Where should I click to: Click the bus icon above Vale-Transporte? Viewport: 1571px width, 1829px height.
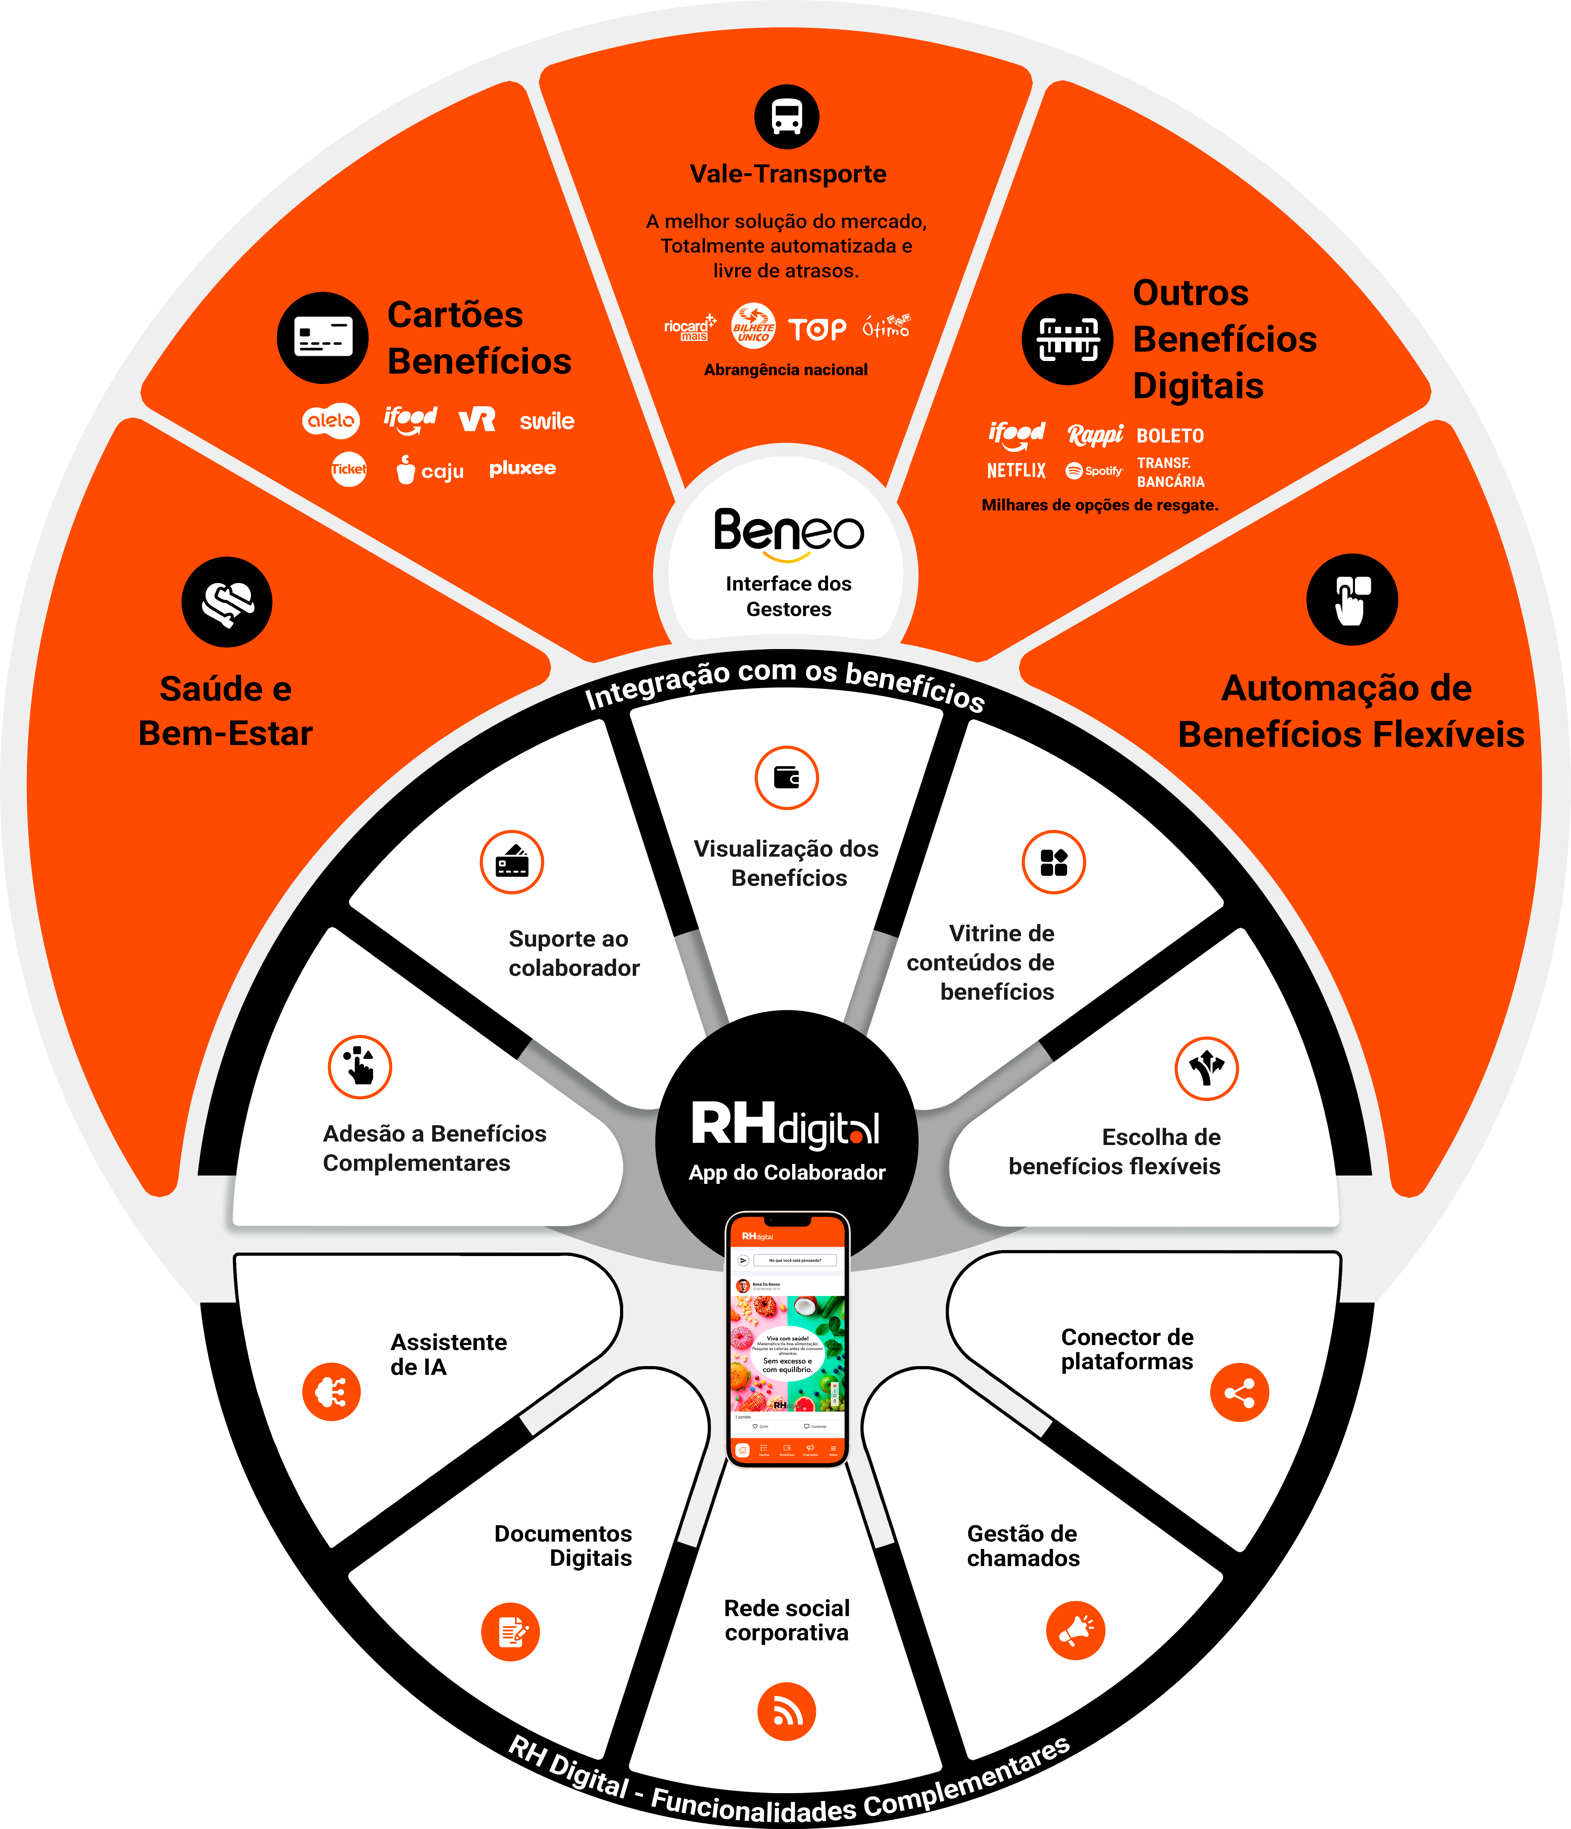click(x=786, y=117)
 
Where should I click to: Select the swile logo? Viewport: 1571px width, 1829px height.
click(x=547, y=421)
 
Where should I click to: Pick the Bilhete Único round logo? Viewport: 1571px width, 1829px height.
click(x=753, y=327)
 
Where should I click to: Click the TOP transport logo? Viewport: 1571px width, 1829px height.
click(x=817, y=329)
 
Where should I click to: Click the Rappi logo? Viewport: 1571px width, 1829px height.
click(x=1095, y=434)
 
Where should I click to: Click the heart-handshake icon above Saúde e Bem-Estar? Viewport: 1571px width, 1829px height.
click(x=227, y=602)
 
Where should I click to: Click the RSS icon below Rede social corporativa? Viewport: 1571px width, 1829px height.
click(x=786, y=1712)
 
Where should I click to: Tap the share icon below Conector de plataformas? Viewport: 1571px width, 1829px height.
click(x=1239, y=1393)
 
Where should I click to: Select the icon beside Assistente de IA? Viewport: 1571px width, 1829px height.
click(x=331, y=1392)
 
